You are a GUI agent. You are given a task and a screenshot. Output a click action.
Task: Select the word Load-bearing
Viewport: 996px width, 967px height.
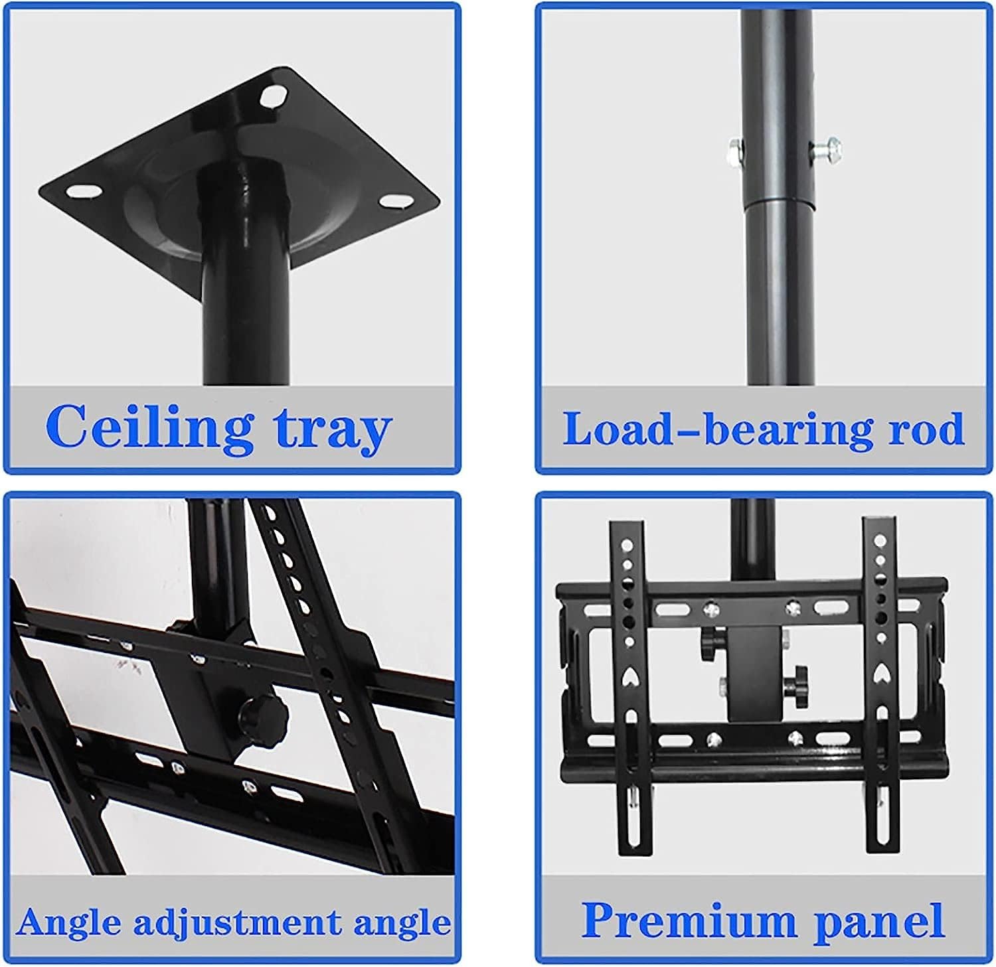tap(718, 429)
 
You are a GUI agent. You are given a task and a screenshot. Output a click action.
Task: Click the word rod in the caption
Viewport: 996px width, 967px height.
tap(926, 429)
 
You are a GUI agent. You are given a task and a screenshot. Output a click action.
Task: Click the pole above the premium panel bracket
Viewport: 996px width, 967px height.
tap(753, 538)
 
